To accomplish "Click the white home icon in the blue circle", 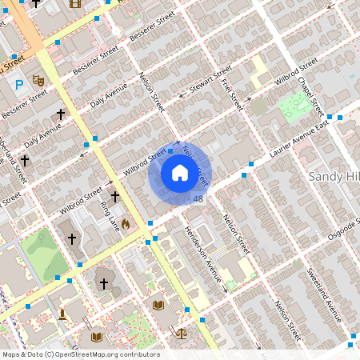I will (x=179, y=172).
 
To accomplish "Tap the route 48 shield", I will (x=198, y=198).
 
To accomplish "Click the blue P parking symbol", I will (x=18, y=83).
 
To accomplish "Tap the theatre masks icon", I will (x=37, y=81).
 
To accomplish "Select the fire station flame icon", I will (x=126, y=225).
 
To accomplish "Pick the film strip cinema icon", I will (x=75, y=3).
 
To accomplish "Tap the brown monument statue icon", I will (x=62, y=314).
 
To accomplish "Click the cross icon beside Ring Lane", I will (x=114, y=196).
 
